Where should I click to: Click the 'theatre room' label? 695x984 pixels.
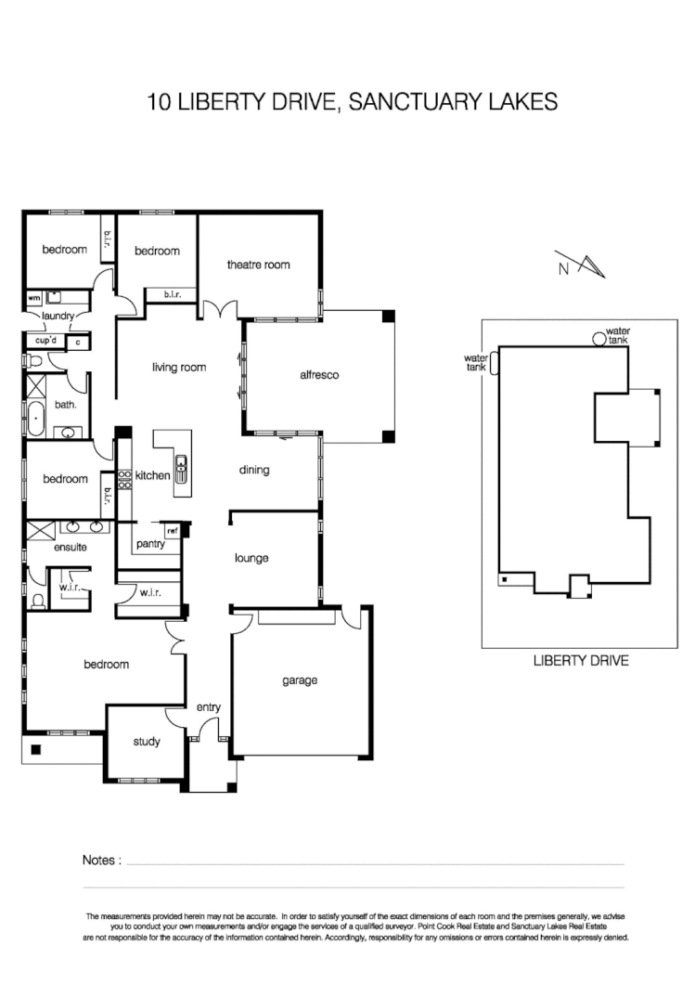258,265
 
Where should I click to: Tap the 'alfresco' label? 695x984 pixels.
318,375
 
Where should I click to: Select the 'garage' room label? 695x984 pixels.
300,680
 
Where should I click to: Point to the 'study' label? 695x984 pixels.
146,742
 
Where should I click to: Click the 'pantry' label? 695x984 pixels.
149,544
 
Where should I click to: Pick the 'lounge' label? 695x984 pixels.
251,558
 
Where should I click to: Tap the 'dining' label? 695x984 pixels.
253,470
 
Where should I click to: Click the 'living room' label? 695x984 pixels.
179,368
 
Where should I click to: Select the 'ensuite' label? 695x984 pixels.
70,548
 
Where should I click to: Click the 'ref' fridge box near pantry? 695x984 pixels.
172,531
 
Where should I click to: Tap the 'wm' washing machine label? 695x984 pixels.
33,298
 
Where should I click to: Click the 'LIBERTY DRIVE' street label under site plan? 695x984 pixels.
581,661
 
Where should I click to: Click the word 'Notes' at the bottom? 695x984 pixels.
101,861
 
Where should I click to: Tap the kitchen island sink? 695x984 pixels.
182,466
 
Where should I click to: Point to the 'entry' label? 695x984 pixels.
208,707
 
